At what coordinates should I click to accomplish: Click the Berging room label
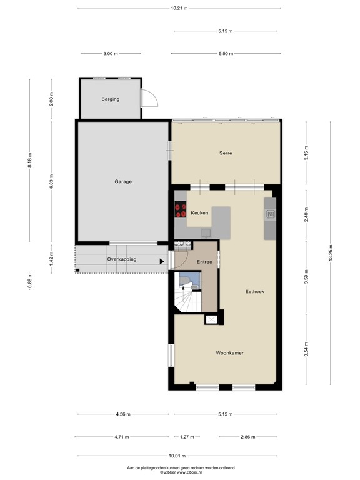point(110,99)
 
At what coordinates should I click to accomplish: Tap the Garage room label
point(122,182)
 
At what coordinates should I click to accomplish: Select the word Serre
point(226,152)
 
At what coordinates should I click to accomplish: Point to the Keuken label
point(199,213)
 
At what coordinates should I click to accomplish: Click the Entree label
point(204,262)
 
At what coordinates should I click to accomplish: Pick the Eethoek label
point(254,291)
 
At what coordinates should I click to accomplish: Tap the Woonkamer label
point(229,353)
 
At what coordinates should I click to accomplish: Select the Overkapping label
point(121,259)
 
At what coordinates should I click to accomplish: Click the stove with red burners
point(181,209)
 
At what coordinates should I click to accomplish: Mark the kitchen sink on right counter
point(271,214)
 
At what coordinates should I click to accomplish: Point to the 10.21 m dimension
point(179,8)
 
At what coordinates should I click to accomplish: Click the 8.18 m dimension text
point(29,161)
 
